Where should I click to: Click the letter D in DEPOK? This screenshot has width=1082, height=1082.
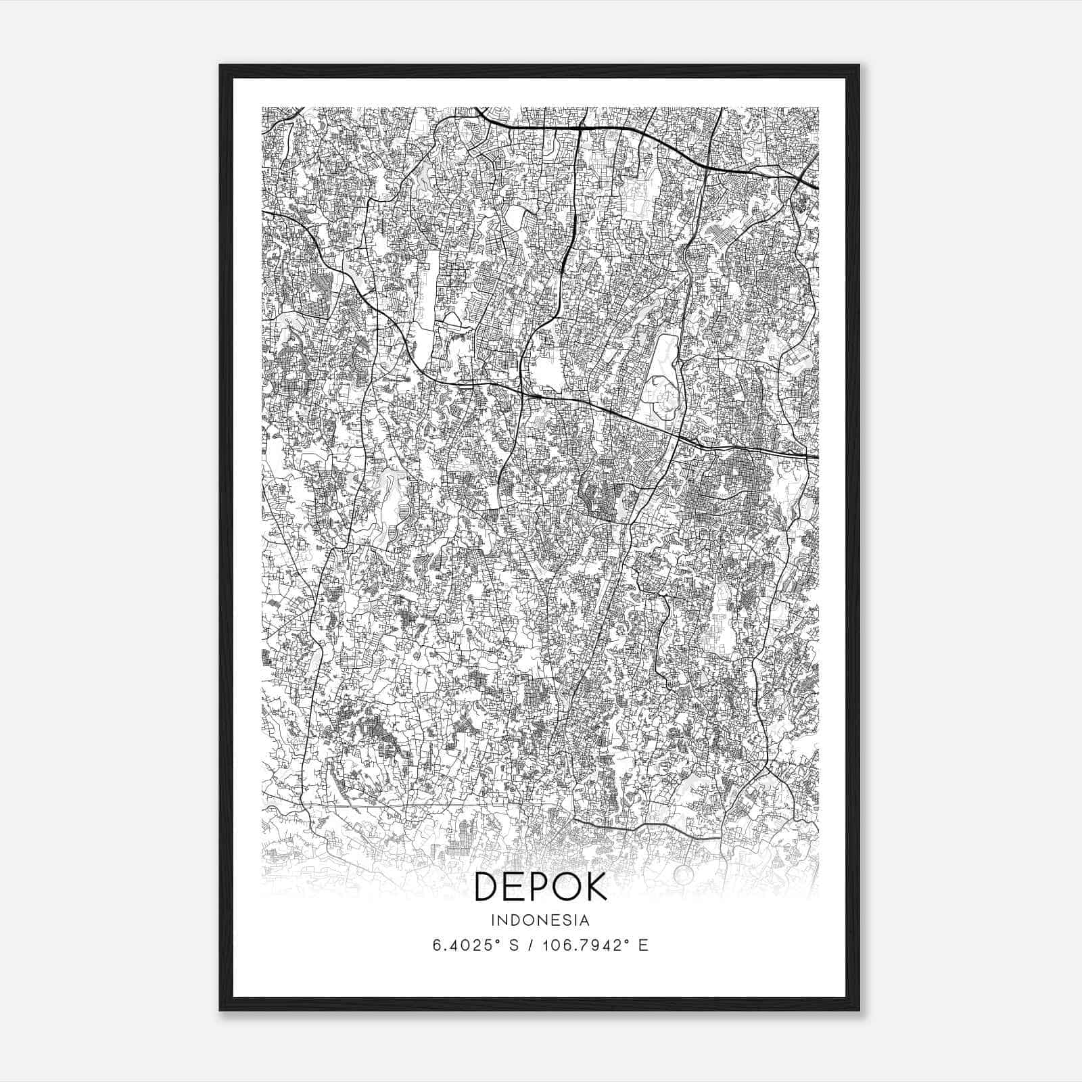point(489,887)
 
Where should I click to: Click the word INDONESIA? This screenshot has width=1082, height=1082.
point(540,920)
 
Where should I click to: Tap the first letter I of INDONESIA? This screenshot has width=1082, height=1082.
point(494,920)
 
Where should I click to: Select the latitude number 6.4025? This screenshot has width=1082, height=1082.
point(460,945)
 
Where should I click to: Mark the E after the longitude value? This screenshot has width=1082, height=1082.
point(643,945)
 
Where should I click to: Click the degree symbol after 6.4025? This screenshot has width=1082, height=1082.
point(492,941)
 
